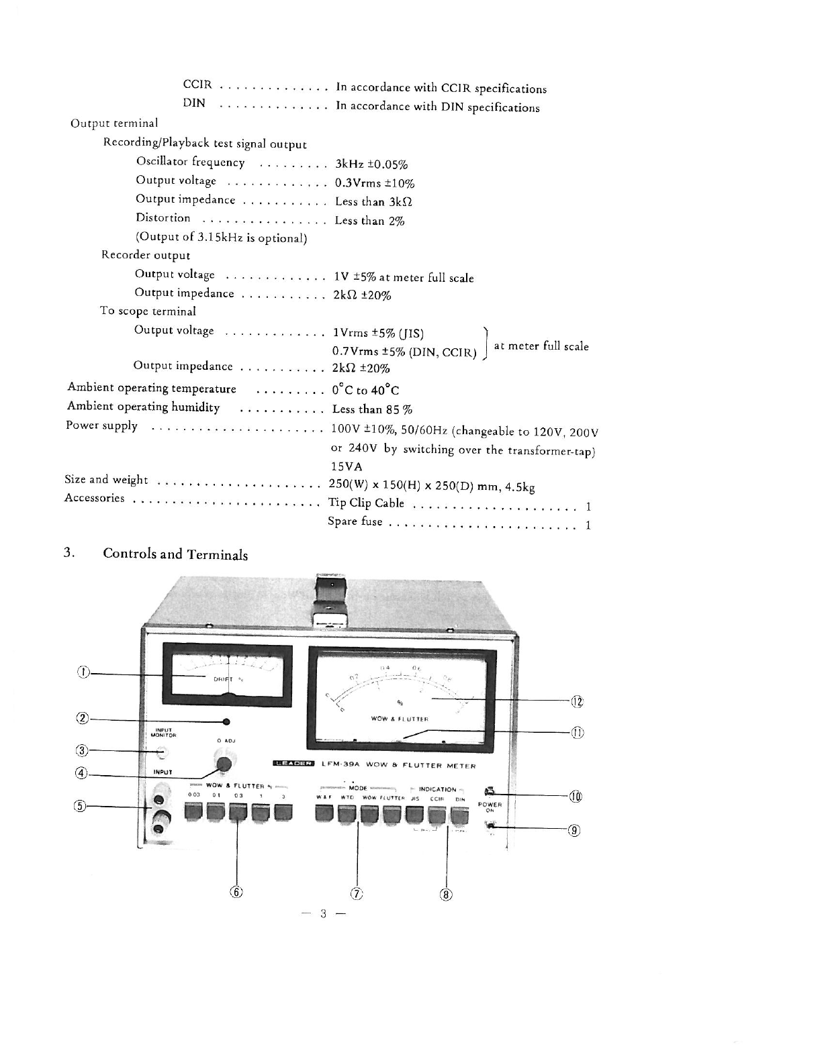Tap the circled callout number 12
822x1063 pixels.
point(577,702)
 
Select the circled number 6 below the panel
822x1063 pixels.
point(236,892)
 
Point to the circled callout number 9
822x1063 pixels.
point(574,830)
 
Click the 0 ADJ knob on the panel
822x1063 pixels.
point(223,763)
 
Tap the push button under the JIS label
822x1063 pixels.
point(415,814)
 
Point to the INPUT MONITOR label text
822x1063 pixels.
point(165,731)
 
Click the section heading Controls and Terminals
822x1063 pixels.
point(175,554)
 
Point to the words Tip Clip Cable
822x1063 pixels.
point(366,503)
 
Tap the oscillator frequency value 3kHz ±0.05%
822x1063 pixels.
point(371,165)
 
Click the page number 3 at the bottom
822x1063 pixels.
point(323,913)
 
